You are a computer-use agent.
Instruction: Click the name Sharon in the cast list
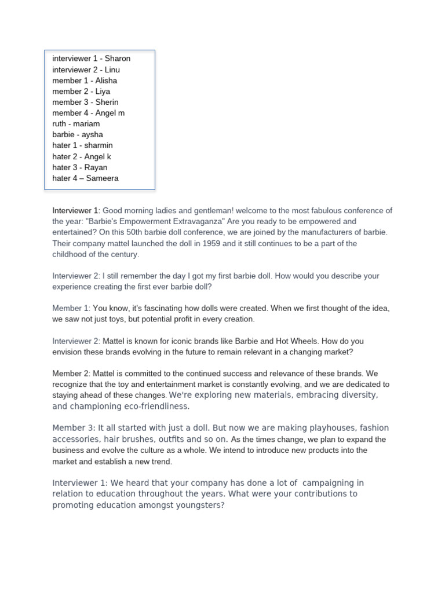click(x=117, y=58)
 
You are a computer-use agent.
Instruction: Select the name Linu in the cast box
click(x=112, y=69)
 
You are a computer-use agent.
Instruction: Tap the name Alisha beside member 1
click(x=106, y=80)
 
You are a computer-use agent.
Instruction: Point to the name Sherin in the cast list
click(x=107, y=102)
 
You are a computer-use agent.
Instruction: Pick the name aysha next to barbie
click(x=92, y=134)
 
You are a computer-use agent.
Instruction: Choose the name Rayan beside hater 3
click(x=96, y=167)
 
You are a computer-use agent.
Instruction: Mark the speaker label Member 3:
click(x=74, y=428)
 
